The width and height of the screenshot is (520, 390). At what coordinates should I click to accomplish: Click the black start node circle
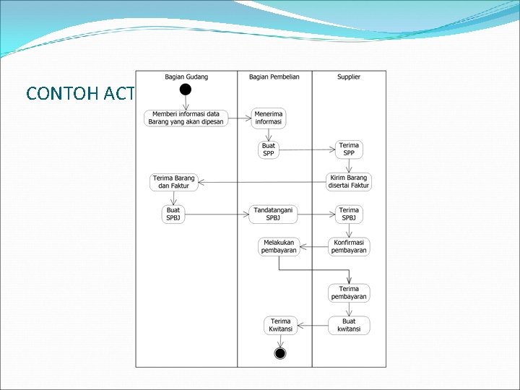point(186,90)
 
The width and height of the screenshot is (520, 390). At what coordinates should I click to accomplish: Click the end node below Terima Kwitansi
point(280,353)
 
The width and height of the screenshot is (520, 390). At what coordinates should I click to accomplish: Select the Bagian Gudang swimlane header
point(186,77)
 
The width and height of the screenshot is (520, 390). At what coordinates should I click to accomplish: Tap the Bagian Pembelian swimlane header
point(274,77)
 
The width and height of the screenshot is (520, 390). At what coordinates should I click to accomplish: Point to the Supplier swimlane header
point(349,77)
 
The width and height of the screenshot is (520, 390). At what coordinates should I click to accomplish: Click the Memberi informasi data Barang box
point(186,118)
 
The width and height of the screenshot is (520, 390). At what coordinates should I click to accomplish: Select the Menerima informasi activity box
point(269,118)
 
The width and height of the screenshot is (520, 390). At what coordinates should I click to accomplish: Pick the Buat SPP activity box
point(269,149)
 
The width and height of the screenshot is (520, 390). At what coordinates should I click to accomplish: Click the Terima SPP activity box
point(349,149)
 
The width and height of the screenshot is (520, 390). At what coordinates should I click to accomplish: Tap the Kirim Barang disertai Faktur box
point(349,181)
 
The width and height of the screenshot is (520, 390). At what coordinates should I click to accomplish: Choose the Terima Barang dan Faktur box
point(173,182)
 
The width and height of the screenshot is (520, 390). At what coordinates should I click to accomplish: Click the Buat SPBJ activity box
point(173,214)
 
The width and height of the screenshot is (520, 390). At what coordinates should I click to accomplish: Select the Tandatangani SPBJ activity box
point(274,214)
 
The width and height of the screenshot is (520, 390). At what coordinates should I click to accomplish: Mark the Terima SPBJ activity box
point(349,214)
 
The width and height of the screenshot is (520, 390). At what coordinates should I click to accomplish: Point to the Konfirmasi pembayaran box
point(349,246)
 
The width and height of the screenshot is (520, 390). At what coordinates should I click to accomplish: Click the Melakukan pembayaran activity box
point(279,246)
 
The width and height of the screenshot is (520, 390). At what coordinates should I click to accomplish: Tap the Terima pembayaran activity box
point(349,292)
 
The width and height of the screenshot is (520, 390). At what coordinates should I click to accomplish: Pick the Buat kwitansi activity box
point(349,325)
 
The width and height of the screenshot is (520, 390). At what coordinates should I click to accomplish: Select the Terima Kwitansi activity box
point(280,325)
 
